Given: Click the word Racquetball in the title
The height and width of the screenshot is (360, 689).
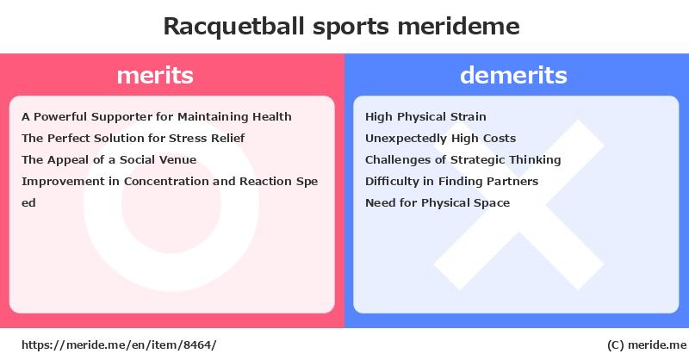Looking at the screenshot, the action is [233, 27].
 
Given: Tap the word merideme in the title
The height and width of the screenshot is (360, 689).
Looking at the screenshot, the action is [459, 26].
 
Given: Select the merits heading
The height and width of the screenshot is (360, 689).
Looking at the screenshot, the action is [155, 75].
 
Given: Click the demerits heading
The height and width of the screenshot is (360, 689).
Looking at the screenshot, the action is [513, 75].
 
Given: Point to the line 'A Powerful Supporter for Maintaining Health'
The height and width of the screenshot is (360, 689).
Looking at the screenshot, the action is [157, 117].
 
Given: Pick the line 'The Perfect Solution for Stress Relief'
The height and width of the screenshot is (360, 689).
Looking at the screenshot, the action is [133, 138].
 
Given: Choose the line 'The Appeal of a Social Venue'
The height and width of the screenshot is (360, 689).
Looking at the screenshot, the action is [109, 159].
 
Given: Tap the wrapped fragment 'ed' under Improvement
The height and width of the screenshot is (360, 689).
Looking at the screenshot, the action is [28, 202].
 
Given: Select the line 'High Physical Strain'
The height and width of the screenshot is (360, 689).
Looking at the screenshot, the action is [425, 117].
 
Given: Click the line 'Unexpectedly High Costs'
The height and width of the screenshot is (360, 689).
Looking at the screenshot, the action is [441, 139].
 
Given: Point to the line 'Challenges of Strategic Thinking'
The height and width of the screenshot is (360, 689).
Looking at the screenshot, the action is [463, 160].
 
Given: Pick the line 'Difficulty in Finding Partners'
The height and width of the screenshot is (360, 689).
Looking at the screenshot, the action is [451, 181].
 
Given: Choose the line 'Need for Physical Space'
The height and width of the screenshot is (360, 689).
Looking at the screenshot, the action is [438, 202].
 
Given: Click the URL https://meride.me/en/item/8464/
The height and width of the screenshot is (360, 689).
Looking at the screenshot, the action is [119, 345].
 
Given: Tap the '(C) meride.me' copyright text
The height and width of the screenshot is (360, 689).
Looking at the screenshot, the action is [647, 345].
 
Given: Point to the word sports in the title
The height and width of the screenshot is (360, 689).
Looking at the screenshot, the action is [351, 28].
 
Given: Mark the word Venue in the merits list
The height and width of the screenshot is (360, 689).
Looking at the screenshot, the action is [180, 159].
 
